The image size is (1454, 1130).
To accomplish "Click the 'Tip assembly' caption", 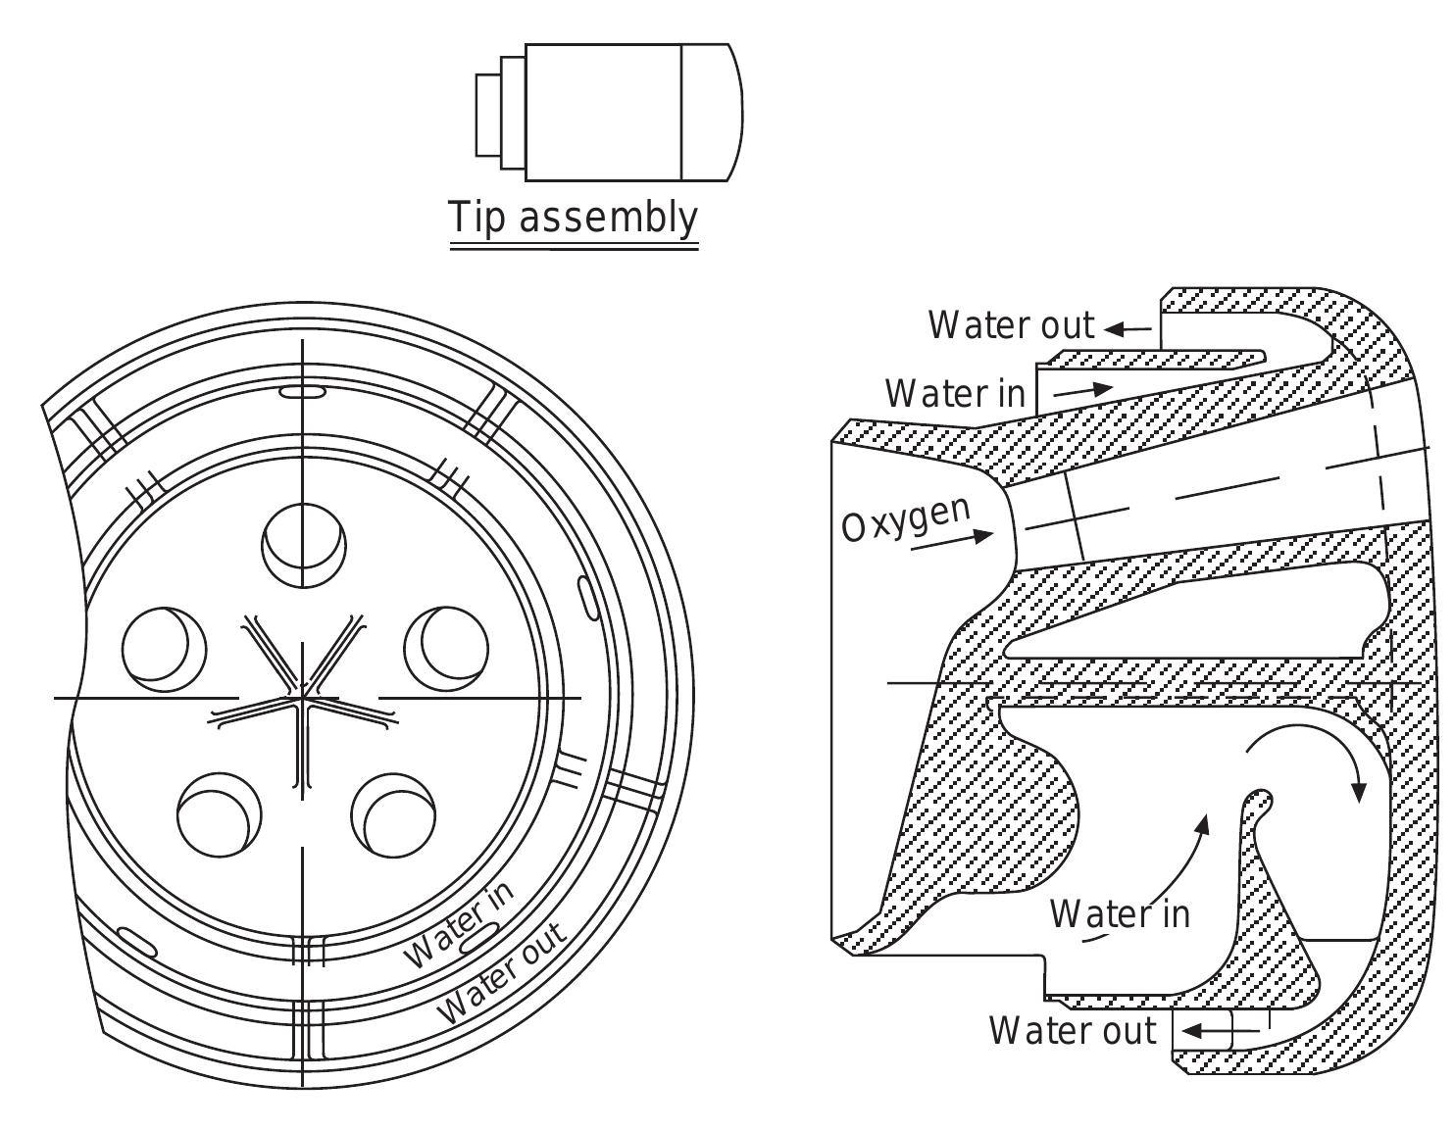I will tap(574, 217).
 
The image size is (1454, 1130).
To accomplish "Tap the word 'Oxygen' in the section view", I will tap(906, 518).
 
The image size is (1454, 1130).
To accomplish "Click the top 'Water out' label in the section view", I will tap(1011, 325).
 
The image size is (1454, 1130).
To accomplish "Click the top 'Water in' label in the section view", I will tap(955, 394).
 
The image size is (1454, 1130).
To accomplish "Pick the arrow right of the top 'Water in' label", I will tap(1083, 390).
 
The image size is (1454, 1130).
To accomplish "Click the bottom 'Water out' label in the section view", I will tap(1073, 1031).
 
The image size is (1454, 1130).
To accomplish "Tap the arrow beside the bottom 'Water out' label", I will tap(1208, 1031).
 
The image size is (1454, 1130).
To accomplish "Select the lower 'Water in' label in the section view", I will tap(1120, 914).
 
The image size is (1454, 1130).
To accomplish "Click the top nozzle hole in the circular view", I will tap(304, 546).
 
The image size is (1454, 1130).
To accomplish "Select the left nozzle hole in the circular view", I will tap(164, 647).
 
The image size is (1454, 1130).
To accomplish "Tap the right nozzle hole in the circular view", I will tap(446, 647).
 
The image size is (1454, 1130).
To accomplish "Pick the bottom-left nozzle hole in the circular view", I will tap(220, 813).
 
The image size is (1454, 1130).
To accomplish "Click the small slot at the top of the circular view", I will tap(303, 392).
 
